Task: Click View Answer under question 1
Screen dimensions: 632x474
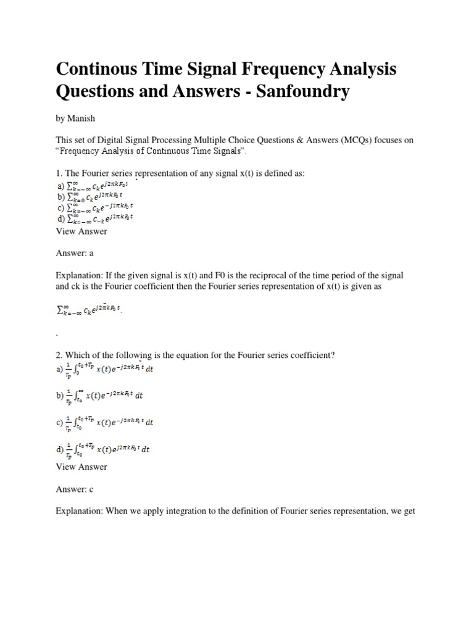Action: (x=81, y=231)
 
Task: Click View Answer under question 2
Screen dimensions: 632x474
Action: (x=81, y=467)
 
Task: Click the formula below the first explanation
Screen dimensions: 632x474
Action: (x=89, y=310)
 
